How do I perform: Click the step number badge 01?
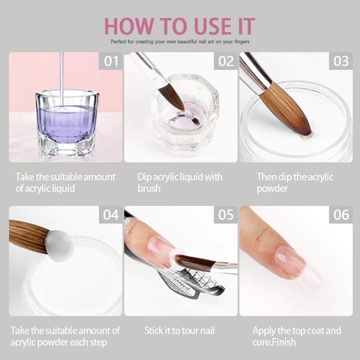[x=110, y=61]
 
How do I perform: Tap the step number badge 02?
[x=225, y=61]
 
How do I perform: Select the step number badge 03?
[x=340, y=61]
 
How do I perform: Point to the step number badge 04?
[x=110, y=214]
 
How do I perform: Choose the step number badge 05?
[x=225, y=214]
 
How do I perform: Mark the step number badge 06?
[x=340, y=214]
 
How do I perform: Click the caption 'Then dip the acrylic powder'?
[x=295, y=182]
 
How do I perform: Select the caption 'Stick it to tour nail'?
[x=179, y=330]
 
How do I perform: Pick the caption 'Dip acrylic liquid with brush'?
[x=179, y=182]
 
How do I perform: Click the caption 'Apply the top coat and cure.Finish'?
[x=296, y=336]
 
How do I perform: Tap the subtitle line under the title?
[x=180, y=41]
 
